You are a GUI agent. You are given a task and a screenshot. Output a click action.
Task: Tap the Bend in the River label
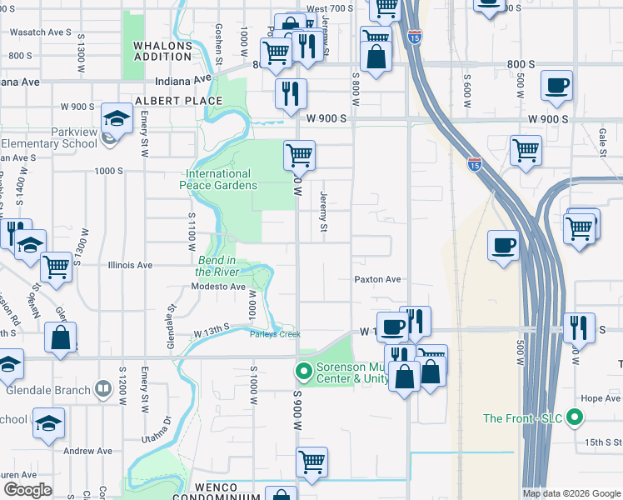pos(217,266)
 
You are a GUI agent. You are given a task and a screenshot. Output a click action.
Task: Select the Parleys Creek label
pos(275,335)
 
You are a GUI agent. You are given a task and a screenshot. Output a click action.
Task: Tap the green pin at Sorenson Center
pos(304,370)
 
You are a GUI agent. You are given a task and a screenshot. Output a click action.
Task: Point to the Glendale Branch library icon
pos(102,388)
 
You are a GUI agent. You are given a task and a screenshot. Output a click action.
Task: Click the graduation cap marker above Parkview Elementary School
pos(117,117)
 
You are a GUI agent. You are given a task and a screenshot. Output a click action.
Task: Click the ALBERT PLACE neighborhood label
pos(179,101)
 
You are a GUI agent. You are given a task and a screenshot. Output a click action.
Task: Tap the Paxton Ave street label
pos(378,280)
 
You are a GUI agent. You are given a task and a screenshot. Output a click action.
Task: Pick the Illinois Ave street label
pos(131,266)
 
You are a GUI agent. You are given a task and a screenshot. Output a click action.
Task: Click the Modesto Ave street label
pos(219,287)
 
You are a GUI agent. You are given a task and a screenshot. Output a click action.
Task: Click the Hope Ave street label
pos(601,398)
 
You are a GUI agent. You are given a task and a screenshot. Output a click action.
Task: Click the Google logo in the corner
pos(28,490)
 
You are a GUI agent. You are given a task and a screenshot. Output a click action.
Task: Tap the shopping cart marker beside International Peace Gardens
pos(299,155)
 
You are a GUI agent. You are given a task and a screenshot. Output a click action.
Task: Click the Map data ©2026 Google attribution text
pos(571,492)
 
